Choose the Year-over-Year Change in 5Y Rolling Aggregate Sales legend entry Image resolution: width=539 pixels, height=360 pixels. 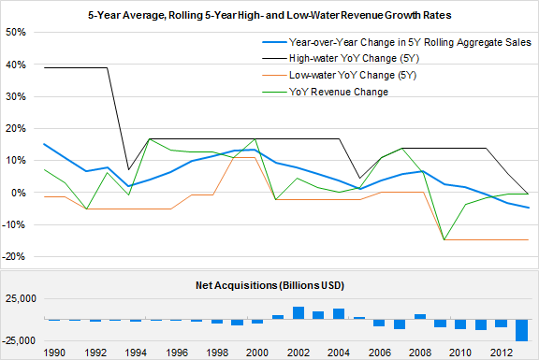click(x=410, y=43)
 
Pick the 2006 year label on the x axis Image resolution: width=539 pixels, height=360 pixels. click(x=381, y=353)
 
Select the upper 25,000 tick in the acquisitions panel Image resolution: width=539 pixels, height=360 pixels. click(x=19, y=299)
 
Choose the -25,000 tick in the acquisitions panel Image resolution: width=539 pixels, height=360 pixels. click(x=17, y=340)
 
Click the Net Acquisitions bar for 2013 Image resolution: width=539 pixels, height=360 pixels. click(x=522, y=330)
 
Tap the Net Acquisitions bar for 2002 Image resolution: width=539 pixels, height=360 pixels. click(x=298, y=313)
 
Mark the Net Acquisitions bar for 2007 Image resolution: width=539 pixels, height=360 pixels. click(x=400, y=324)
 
